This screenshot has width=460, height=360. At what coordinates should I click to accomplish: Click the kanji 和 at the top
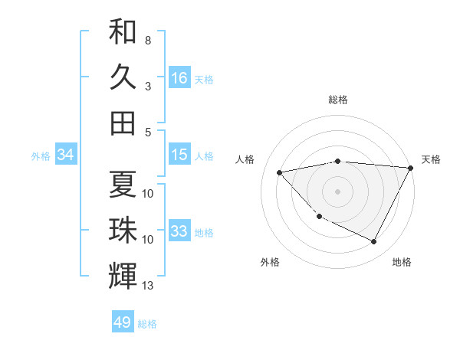(123, 32)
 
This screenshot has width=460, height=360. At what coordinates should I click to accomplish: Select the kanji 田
(123, 122)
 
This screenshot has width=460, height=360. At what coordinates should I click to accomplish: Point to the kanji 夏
(123, 184)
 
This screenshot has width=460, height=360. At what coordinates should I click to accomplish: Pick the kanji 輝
(123, 275)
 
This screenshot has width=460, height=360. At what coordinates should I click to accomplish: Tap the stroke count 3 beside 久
(147, 86)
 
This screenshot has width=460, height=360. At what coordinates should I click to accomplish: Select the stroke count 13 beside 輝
(148, 286)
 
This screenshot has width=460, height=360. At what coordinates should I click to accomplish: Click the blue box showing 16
(179, 78)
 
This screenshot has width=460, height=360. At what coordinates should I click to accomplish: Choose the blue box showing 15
(179, 155)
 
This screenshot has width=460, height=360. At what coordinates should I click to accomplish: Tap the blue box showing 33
(179, 231)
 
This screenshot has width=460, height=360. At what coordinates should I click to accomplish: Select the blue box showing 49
(123, 322)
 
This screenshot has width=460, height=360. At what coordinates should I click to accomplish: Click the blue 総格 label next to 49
(147, 324)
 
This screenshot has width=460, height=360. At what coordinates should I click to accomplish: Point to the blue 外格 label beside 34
(41, 156)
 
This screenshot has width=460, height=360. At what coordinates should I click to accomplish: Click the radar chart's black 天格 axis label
(431, 159)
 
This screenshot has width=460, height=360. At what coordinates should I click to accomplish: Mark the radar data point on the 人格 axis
(280, 172)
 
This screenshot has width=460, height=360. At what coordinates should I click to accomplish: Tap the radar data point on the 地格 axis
(373, 242)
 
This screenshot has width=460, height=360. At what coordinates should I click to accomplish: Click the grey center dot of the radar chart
(337, 191)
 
